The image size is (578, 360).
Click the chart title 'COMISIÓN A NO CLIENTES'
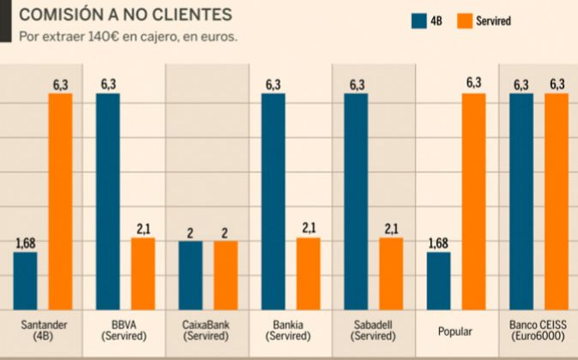point(125,15)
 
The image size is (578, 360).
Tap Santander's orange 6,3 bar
point(60,201)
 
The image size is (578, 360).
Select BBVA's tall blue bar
point(108,201)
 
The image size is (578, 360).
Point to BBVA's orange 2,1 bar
point(143,273)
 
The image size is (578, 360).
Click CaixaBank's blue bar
point(191,275)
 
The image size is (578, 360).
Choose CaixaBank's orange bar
point(226,275)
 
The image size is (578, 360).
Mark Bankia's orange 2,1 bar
point(309,273)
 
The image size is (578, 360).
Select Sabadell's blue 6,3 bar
point(356,201)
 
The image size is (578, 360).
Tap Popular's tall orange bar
point(473,201)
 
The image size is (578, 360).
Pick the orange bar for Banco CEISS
point(557,201)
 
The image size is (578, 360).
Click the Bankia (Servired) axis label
point(288,330)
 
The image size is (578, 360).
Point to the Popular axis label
point(454,329)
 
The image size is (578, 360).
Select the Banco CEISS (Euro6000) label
point(537,330)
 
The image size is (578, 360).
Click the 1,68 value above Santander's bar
point(26,243)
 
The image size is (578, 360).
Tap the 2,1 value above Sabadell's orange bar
point(391,229)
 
